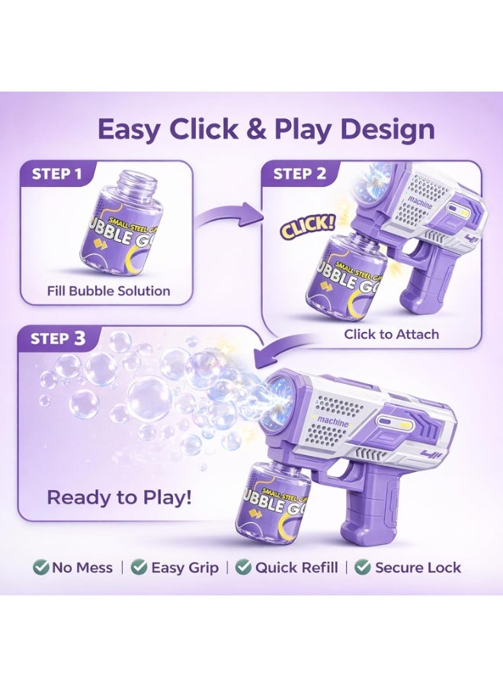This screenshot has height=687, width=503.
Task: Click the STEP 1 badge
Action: [57, 173]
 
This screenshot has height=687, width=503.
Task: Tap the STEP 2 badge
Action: [300, 173]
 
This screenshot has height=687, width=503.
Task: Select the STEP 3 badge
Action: [58, 338]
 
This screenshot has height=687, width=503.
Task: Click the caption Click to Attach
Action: [391, 334]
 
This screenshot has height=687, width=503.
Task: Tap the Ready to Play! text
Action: [120, 498]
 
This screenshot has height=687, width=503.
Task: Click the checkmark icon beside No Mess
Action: [40, 567]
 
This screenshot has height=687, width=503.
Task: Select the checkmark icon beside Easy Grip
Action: [139, 567]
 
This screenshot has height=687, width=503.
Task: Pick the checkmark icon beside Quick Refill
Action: [243, 567]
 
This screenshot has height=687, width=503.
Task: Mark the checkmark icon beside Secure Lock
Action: [363, 567]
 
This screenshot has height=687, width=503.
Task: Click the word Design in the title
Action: [387, 130]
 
